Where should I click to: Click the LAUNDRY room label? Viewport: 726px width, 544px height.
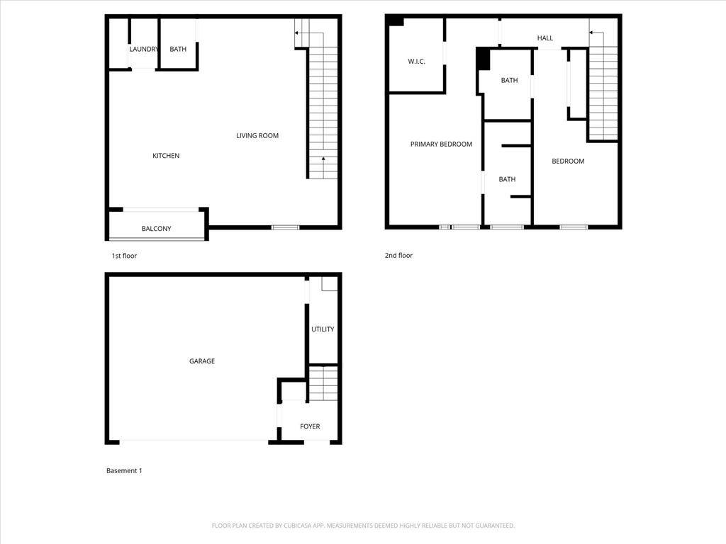(x=143, y=49)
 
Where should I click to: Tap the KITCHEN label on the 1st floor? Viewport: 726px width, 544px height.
(x=166, y=156)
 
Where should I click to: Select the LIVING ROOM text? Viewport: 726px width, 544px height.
(x=257, y=135)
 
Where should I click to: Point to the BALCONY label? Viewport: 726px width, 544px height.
(x=156, y=229)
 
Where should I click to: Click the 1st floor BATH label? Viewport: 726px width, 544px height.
(x=178, y=49)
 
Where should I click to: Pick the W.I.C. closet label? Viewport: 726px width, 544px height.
(x=416, y=61)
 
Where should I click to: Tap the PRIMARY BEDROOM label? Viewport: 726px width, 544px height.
(x=441, y=144)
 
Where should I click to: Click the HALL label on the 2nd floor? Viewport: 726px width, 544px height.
(x=545, y=38)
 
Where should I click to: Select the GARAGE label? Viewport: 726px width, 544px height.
(x=202, y=361)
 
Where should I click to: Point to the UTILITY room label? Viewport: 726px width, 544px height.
(x=323, y=329)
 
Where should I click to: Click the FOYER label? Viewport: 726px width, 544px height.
(x=310, y=426)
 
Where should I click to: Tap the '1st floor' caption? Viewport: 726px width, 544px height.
(x=124, y=256)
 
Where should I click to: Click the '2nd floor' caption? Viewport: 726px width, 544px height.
(x=398, y=255)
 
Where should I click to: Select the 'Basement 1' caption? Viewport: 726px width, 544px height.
(x=124, y=471)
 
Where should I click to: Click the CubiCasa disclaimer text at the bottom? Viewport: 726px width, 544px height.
(x=363, y=526)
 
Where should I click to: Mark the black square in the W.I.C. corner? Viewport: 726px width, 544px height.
(x=396, y=21)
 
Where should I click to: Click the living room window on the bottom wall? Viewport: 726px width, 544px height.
(x=285, y=227)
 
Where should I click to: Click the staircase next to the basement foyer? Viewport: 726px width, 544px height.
(x=323, y=383)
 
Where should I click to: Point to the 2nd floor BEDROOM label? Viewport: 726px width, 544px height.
(x=568, y=161)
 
